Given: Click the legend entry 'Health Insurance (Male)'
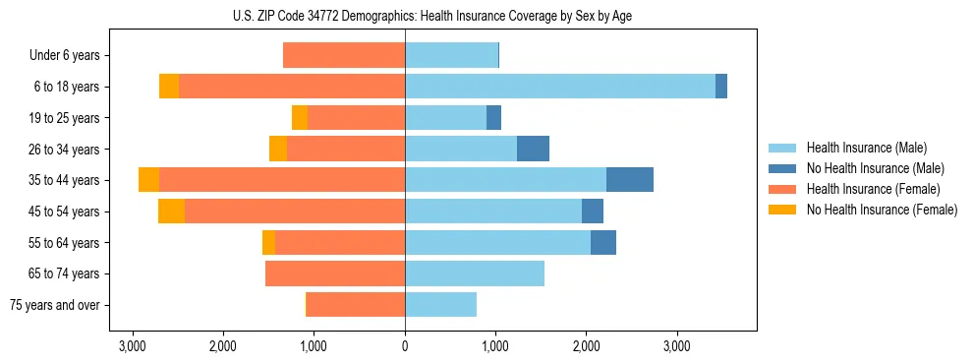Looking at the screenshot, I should (x=866, y=148).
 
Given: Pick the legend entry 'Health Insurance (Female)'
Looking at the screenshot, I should (x=873, y=189).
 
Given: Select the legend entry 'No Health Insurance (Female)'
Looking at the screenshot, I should (x=882, y=210).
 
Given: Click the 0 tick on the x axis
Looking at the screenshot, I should (x=405, y=346).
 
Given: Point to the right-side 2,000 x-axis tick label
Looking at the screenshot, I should (x=586, y=346).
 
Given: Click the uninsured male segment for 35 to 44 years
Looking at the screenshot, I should (x=630, y=180).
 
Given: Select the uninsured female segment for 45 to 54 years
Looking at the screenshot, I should (x=171, y=212).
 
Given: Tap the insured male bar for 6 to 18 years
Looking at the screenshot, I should (x=560, y=87).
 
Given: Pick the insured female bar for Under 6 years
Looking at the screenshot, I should (x=344, y=56).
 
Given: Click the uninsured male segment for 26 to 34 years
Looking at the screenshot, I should (x=533, y=149).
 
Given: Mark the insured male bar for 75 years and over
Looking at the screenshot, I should (x=440, y=305).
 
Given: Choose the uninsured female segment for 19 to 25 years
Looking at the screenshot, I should (x=300, y=118).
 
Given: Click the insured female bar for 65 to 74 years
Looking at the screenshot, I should (x=335, y=273).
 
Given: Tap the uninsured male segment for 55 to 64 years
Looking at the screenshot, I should (x=603, y=242).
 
